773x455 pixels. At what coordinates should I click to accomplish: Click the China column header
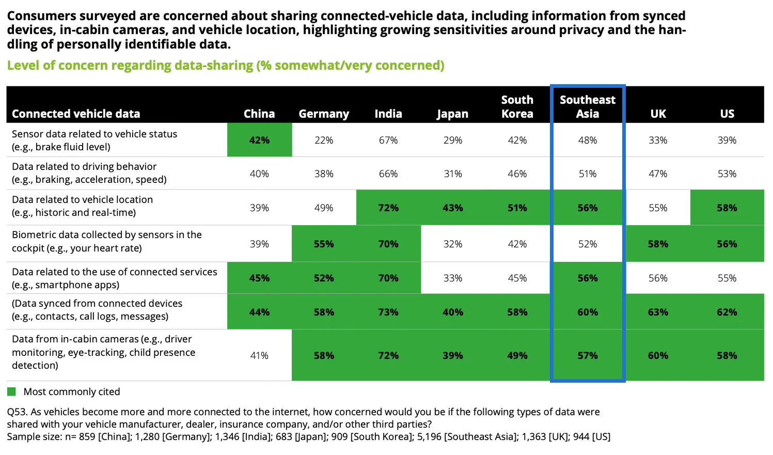click(259, 114)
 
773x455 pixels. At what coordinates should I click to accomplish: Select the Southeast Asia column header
click(588, 107)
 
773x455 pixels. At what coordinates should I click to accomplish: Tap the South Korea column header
click(517, 107)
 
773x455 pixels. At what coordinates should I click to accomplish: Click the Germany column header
click(324, 114)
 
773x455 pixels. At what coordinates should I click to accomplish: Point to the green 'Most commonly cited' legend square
click(11, 391)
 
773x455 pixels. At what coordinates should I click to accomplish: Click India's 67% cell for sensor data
click(388, 140)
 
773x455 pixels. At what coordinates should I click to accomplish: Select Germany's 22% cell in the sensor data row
click(324, 140)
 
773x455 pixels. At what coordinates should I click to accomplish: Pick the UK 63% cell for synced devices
click(658, 312)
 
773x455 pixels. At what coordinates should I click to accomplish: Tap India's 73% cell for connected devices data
click(388, 312)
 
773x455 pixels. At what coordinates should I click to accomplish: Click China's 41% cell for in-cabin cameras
click(259, 355)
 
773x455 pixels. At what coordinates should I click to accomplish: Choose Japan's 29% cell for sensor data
click(453, 140)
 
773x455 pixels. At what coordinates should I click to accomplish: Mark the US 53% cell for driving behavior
click(727, 174)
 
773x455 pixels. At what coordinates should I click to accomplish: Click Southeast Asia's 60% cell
click(588, 312)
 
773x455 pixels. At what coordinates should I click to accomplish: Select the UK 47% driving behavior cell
click(658, 174)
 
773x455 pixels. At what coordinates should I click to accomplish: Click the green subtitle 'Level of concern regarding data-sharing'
click(226, 66)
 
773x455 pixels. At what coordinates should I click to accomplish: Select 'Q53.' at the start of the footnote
click(17, 412)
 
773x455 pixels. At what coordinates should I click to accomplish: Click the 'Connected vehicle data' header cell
click(76, 114)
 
